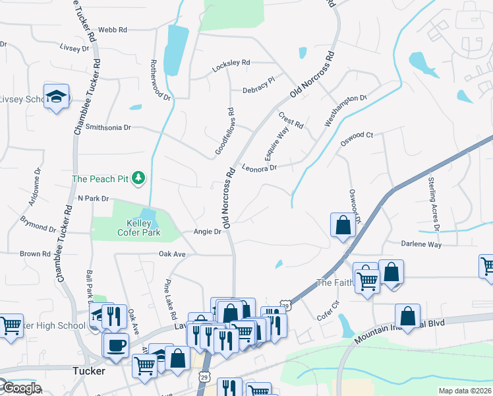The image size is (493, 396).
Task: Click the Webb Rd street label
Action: [111, 30]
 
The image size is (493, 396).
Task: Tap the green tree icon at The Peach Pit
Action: [138, 178]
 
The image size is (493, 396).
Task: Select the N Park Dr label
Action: [92, 198]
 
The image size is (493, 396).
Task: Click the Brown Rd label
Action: [35, 253]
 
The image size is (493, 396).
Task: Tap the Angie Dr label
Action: [207, 232]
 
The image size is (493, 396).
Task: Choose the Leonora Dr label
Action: [258, 168]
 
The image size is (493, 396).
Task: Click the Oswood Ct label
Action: [357, 135]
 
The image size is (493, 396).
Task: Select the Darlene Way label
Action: [421, 244]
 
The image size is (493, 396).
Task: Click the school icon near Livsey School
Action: [57, 96]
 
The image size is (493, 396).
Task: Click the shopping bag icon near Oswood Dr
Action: [343, 225]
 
